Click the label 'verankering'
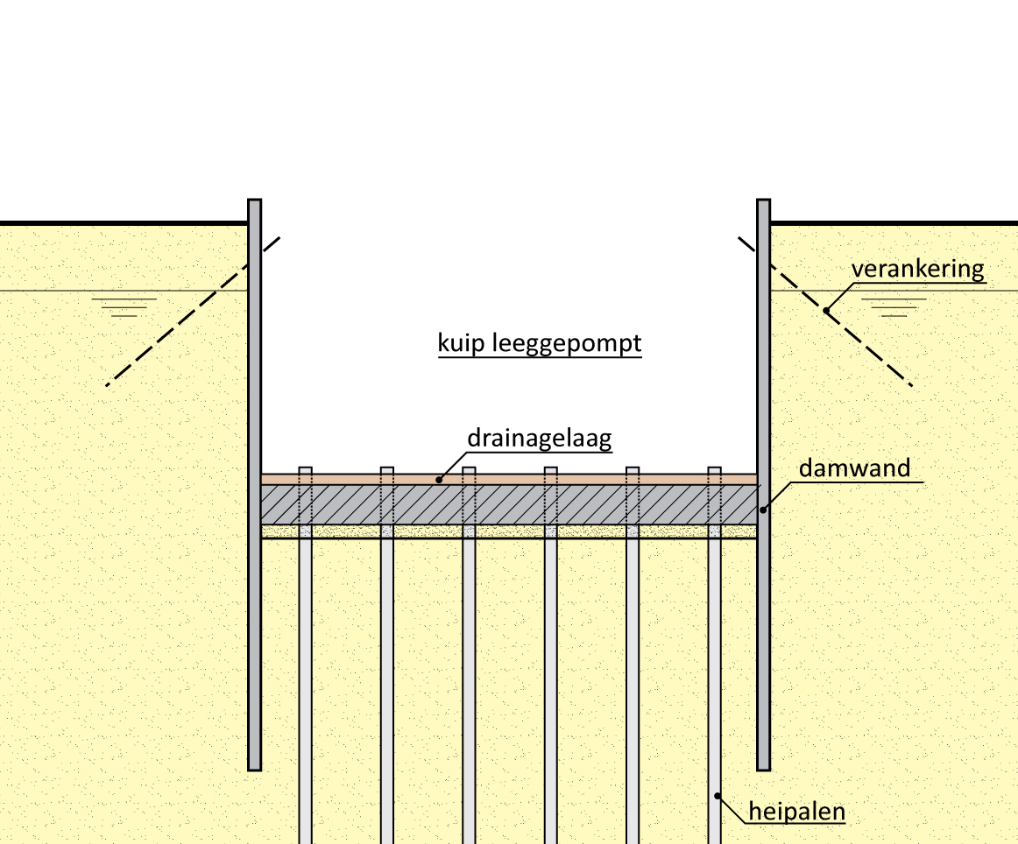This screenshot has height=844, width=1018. coord(917,269)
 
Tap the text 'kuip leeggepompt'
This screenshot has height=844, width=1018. coord(540,343)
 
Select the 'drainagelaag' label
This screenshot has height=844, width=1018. coord(539,438)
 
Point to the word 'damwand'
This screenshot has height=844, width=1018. coord(854,468)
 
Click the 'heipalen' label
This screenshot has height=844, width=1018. coord(796,812)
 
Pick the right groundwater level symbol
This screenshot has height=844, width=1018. coord(894,306)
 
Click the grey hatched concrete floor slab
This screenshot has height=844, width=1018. coord(508,504)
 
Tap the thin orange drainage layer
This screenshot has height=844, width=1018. coord(508,479)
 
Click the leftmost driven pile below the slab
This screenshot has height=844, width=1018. coord(305,683)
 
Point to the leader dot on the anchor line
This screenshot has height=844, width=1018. coord(825,309)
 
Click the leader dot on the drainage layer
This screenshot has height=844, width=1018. coord(439,479)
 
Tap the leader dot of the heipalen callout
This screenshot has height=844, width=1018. coord(718,795)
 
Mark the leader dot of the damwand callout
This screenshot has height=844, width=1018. coord(762,510)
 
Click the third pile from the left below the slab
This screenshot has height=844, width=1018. coord(469,683)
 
